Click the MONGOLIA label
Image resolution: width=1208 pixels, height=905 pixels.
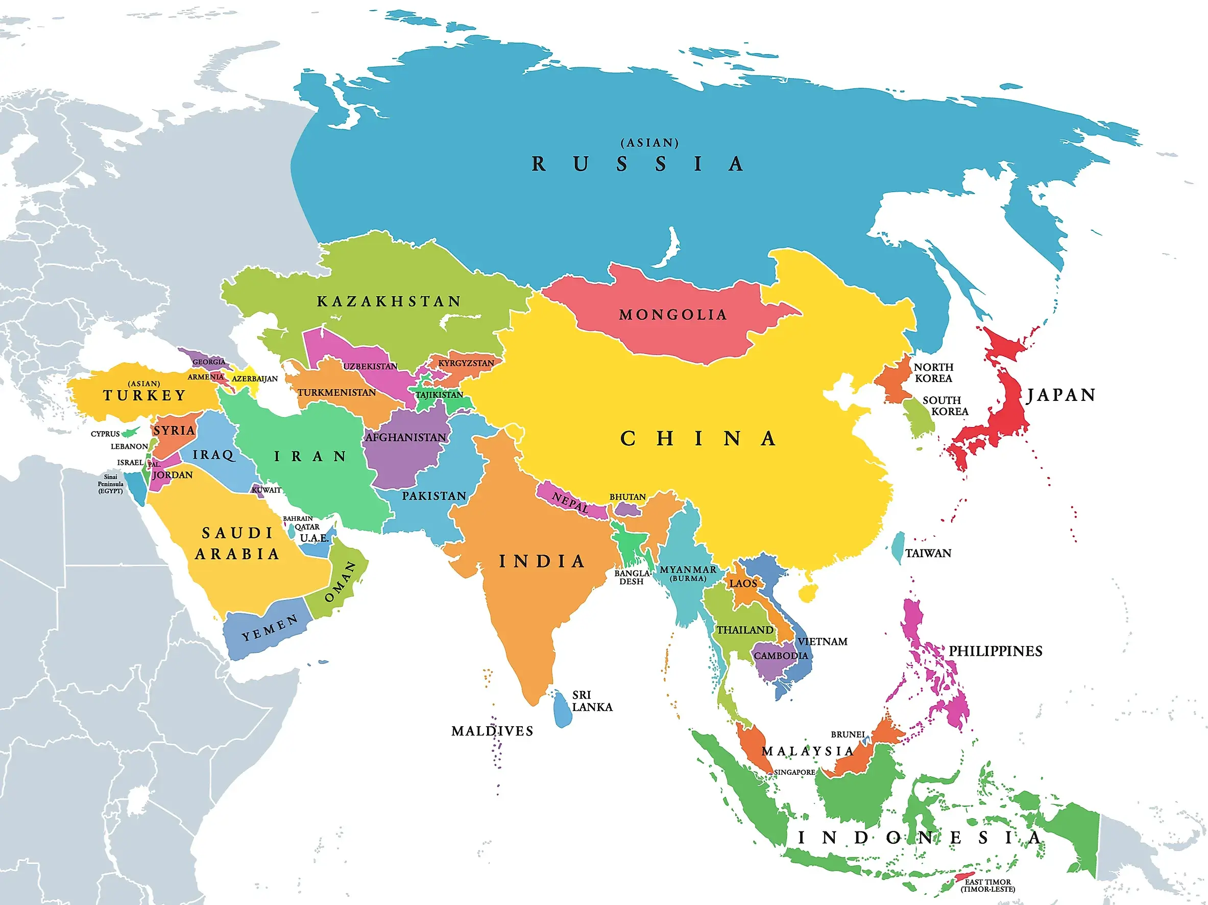(673, 315)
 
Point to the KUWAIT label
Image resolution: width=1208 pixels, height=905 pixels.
(266, 490)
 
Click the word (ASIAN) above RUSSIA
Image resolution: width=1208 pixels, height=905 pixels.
(649, 142)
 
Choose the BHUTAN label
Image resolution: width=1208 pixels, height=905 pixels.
(627, 496)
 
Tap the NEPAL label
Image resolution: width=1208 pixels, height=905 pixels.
(570, 502)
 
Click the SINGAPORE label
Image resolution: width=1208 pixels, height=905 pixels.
(794, 772)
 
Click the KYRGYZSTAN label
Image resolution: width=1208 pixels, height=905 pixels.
(466, 363)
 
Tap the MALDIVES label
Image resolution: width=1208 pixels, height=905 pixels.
(492, 731)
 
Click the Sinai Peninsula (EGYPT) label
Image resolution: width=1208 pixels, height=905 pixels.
(110, 484)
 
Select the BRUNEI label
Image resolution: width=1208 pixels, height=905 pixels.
(848, 734)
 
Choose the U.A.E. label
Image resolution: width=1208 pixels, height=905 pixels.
(315, 538)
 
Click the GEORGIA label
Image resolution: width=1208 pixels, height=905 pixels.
(209, 362)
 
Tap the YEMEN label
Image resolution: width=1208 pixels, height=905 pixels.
(270, 628)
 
